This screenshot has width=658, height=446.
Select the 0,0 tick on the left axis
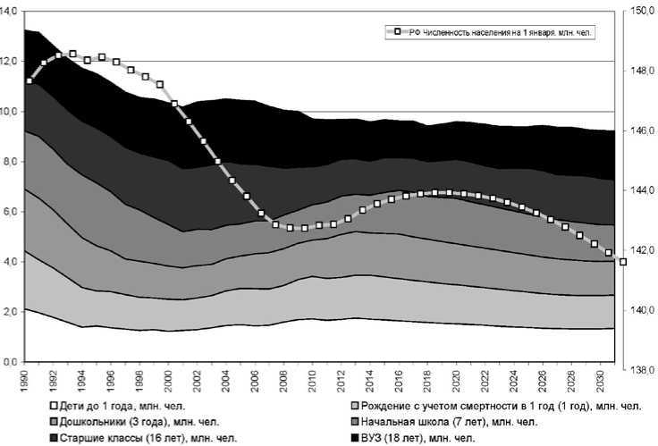click(x=11, y=362)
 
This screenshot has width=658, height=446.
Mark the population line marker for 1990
click(x=30, y=81)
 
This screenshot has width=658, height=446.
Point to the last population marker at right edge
click(x=623, y=262)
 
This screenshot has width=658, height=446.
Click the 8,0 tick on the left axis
click(x=11, y=162)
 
